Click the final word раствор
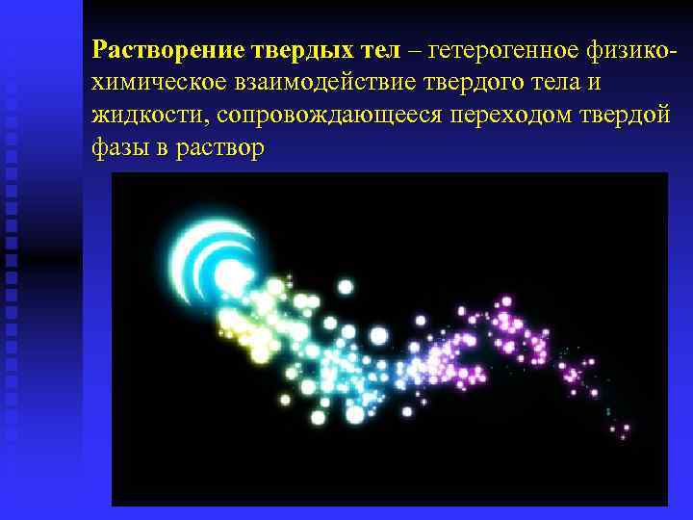tap(219, 149)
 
